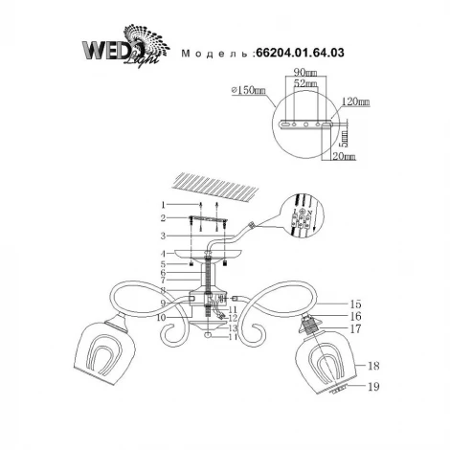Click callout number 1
pyautogui.click(x=164, y=206)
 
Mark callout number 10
pyautogui.click(x=161, y=316)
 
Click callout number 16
pyautogui.click(x=355, y=315)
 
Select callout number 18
pyautogui.click(x=374, y=366)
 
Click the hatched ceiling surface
pyautogui.click(x=214, y=185)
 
